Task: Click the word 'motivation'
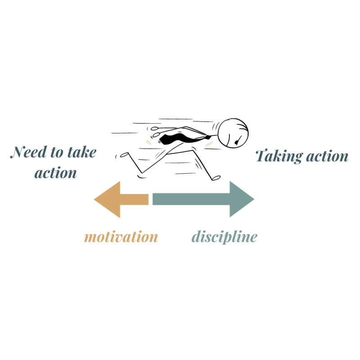[121, 237]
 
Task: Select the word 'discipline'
[224, 237]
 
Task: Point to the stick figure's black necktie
[178, 137]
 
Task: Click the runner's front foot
[216, 178]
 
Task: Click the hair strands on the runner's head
[243, 123]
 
